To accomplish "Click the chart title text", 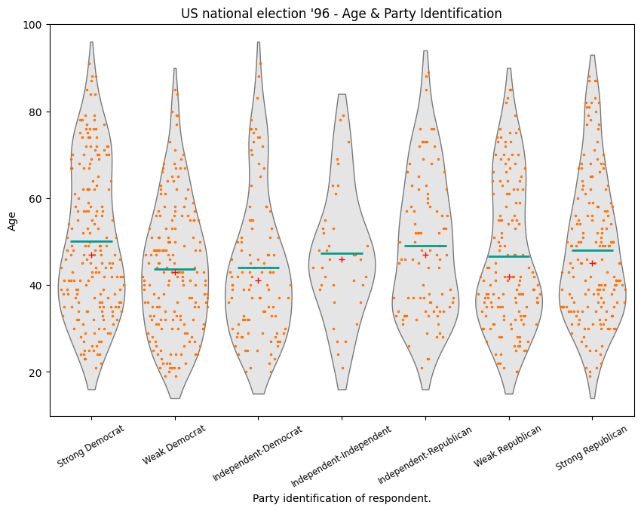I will [x=341, y=14].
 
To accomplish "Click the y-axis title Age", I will [x=12, y=220].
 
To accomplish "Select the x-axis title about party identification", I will [x=341, y=498].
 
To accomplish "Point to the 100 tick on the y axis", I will [x=35, y=25].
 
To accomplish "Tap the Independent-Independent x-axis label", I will [x=342, y=454].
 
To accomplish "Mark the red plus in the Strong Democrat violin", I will [x=92, y=255].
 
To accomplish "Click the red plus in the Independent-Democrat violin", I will [x=258, y=280].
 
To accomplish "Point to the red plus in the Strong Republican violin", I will [x=593, y=263].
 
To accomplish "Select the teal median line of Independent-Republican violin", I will [x=425, y=246].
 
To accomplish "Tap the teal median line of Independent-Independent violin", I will [x=342, y=253].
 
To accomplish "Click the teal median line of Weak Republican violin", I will [x=509, y=256].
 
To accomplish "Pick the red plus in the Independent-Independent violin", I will [x=342, y=259].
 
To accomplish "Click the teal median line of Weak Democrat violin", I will [x=175, y=269].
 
